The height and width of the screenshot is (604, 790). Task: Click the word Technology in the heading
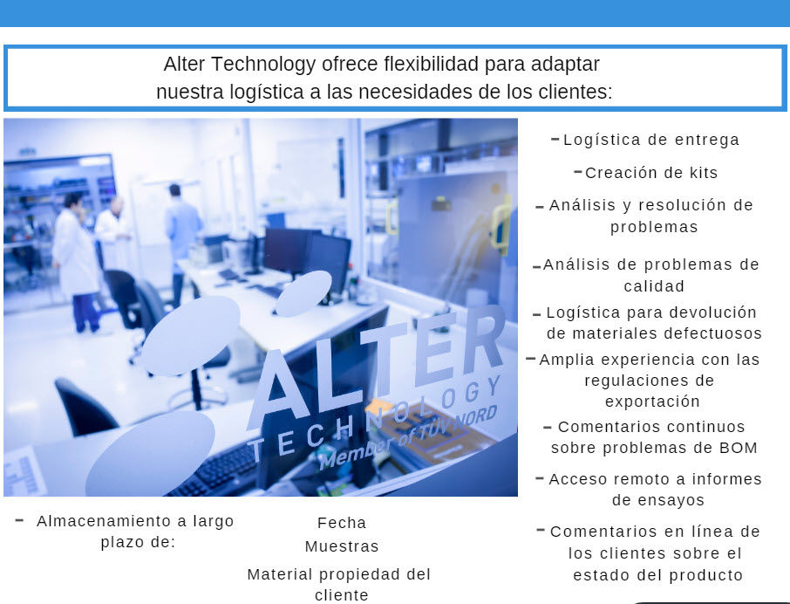pyautogui.click(x=263, y=65)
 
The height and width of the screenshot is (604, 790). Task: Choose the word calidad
pyautogui.click(x=654, y=286)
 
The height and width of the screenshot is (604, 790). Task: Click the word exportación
pyautogui.click(x=652, y=402)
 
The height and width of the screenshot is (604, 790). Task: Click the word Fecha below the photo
pyautogui.click(x=342, y=523)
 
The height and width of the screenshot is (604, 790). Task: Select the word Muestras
pyautogui.click(x=342, y=546)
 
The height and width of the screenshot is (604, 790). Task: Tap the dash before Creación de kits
pyautogui.click(x=578, y=172)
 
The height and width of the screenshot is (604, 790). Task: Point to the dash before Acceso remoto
pyautogui.click(x=540, y=478)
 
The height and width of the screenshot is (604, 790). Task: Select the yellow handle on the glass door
pyautogui.click(x=501, y=224)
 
